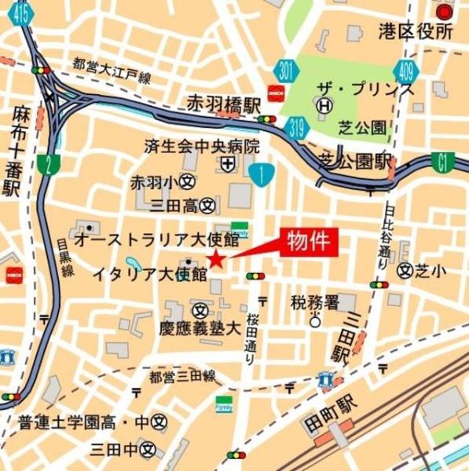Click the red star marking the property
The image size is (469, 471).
[215, 260]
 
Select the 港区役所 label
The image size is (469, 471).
[416, 32]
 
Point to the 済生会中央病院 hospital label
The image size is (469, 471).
[202, 146]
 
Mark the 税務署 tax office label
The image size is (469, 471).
[313, 301]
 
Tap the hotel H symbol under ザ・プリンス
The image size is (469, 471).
[322, 104]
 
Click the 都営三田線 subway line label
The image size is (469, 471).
[182, 377]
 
